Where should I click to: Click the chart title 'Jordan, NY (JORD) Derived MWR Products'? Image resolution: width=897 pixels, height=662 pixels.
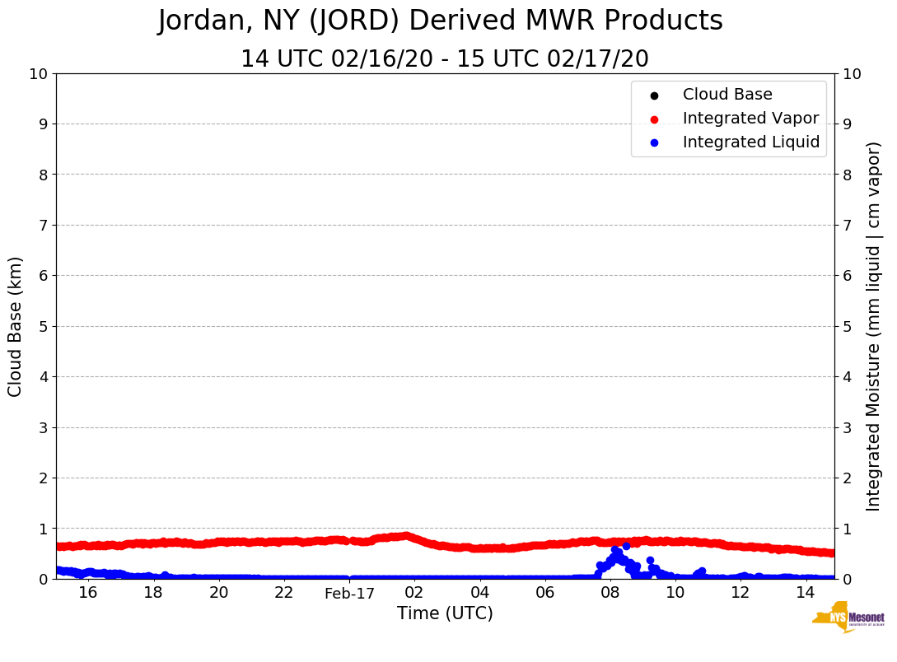tap(441, 21)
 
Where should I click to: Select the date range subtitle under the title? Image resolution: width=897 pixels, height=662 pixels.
tap(445, 59)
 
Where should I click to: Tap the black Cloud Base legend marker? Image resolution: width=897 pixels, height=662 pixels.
tap(654, 96)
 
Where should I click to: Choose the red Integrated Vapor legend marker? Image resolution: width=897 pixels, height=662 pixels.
tap(654, 119)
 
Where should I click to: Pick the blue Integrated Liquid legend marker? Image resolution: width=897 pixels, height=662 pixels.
tap(654, 142)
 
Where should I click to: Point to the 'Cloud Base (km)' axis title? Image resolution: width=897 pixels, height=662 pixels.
tap(16, 326)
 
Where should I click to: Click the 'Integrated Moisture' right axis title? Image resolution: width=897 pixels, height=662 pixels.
tap(873, 326)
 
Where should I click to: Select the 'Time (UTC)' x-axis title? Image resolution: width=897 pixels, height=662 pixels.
tap(445, 613)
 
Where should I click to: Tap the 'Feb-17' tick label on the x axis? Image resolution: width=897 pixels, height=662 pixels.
tap(349, 594)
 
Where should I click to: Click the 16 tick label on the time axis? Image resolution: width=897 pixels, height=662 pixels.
tap(88, 593)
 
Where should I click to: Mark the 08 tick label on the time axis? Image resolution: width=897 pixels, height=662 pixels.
tap(610, 593)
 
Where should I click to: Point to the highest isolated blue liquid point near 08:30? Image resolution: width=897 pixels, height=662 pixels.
tap(626, 546)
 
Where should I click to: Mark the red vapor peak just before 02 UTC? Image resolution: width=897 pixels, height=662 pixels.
tap(404, 535)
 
